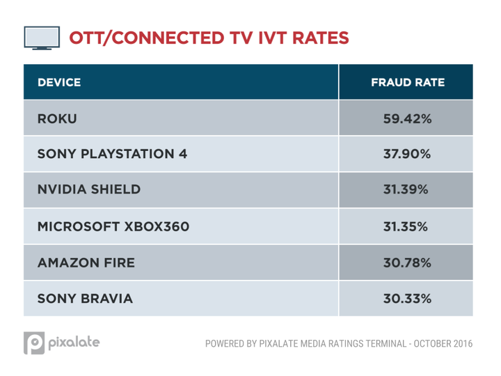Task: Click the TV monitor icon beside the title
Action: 40,37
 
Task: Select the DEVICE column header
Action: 59,82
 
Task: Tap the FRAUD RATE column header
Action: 408,82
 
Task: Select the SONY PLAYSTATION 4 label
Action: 112,154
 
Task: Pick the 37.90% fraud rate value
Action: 408,154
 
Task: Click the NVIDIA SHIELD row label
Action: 89,190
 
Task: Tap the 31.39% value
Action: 408,190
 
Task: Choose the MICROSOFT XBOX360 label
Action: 113,226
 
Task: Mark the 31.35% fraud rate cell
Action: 408,226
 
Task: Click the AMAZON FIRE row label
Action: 86,263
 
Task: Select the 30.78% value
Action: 408,263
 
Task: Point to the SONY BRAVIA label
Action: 84,299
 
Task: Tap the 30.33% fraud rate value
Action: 408,299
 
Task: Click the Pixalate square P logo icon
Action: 35,344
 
